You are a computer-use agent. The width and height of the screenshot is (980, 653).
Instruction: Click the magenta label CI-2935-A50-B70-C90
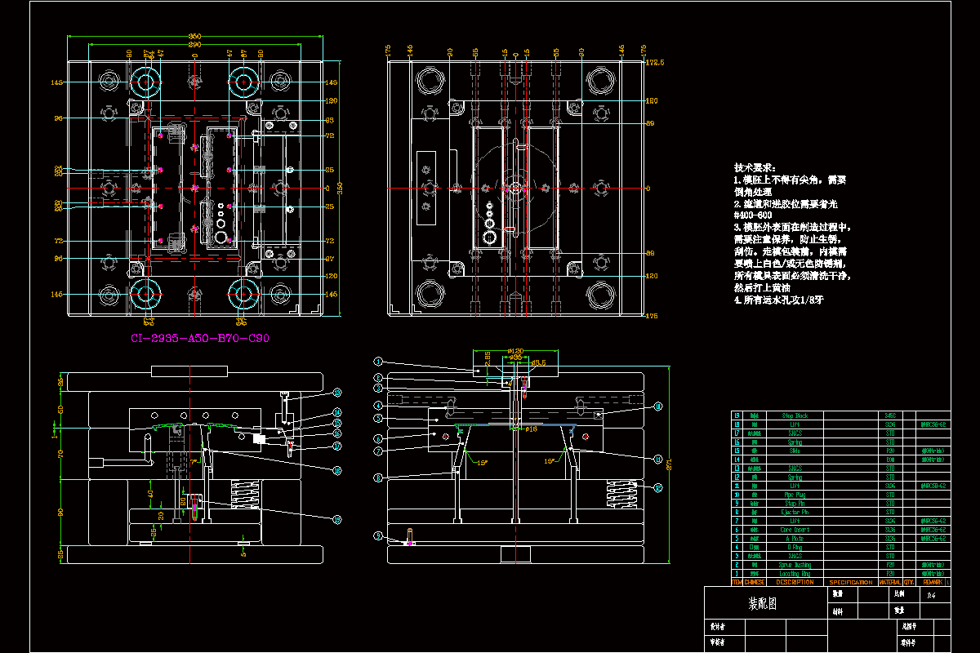pyautogui.click(x=200, y=338)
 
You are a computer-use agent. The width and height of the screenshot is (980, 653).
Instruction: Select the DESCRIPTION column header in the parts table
pyautogui.click(x=795, y=582)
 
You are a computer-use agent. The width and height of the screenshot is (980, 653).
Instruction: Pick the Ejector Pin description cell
pyautogui.click(x=795, y=512)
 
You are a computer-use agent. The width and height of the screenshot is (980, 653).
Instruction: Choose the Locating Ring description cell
pyautogui.click(x=795, y=574)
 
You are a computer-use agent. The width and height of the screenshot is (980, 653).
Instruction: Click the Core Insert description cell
pyautogui.click(x=795, y=529)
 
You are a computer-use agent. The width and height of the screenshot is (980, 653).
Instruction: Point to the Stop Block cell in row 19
pyautogui.click(x=795, y=415)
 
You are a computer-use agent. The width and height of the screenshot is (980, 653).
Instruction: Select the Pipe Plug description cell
pyautogui.click(x=795, y=495)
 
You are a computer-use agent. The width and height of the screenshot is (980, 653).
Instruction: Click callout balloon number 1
pyautogui.click(x=378, y=361)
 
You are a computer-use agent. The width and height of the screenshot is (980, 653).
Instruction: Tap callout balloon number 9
pyautogui.click(x=378, y=535)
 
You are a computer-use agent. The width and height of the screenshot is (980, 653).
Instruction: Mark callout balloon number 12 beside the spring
pyautogui.click(x=658, y=487)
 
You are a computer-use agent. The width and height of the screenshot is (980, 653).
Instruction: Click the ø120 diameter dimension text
pyautogui.click(x=514, y=350)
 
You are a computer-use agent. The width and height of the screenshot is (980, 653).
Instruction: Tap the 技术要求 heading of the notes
pyautogui.click(x=756, y=167)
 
